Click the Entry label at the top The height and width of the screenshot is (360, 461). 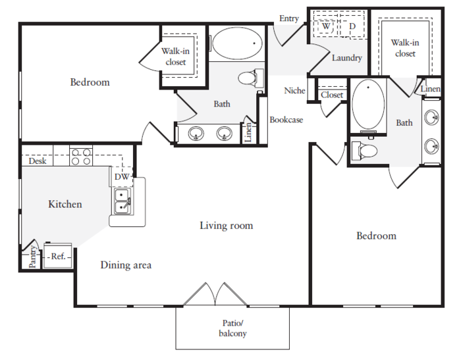coord(288,18)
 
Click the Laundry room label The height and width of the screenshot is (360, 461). coord(347,58)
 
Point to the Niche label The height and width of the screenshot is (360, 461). coord(294,91)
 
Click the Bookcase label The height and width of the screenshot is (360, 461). coord(286,120)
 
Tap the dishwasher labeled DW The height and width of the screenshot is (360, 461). coord(122,176)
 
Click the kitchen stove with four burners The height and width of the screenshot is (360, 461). coord(81,157)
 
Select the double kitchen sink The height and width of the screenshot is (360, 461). coord(122,201)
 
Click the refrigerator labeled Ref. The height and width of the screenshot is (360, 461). coord(58,256)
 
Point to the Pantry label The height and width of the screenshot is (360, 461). coord(32,257)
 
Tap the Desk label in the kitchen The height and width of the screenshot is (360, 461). coord(38,161)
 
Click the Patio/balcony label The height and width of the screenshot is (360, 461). coord(232,328)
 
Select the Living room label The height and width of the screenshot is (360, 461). coord(227,225)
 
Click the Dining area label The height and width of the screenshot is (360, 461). coord(126,265)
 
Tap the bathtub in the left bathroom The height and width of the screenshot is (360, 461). coord(237,43)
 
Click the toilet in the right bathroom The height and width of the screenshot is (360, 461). coord(364,151)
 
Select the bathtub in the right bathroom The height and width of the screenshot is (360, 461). coord(368,105)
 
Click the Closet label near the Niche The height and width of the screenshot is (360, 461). coord(332,95)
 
